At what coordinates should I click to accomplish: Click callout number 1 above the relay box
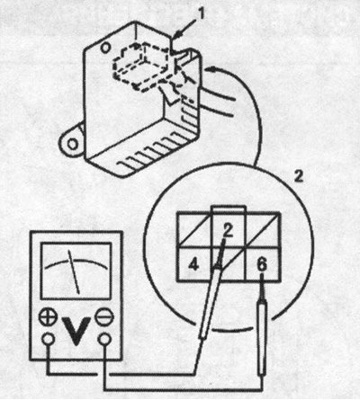(x=202, y=14)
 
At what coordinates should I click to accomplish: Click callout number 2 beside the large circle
(x=298, y=177)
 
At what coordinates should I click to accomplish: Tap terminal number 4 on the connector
(x=193, y=264)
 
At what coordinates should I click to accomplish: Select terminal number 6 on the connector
(x=262, y=265)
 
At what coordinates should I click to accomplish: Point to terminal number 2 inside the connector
(x=228, y=230)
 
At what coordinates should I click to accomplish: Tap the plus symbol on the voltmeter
(x=48, y=317)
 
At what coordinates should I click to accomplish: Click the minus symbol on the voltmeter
(x=104, y=317)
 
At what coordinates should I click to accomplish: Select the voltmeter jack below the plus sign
(x=48, y=339)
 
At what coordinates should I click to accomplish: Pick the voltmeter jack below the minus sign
(x=104, y=339)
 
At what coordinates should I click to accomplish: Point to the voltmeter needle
(x=74, y=271)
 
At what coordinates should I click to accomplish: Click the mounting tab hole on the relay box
(x=73, y=144)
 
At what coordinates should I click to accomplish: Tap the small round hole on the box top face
(x=104, y=48)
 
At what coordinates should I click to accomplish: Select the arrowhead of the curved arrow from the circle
(x=211, y=70)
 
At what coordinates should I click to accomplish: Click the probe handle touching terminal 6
(x=262, y=338)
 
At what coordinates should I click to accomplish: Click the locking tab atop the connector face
(x=228, y=209)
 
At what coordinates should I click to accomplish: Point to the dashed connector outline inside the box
(x=142, y=67)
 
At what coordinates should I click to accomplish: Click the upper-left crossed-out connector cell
(x=194, y=230)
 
